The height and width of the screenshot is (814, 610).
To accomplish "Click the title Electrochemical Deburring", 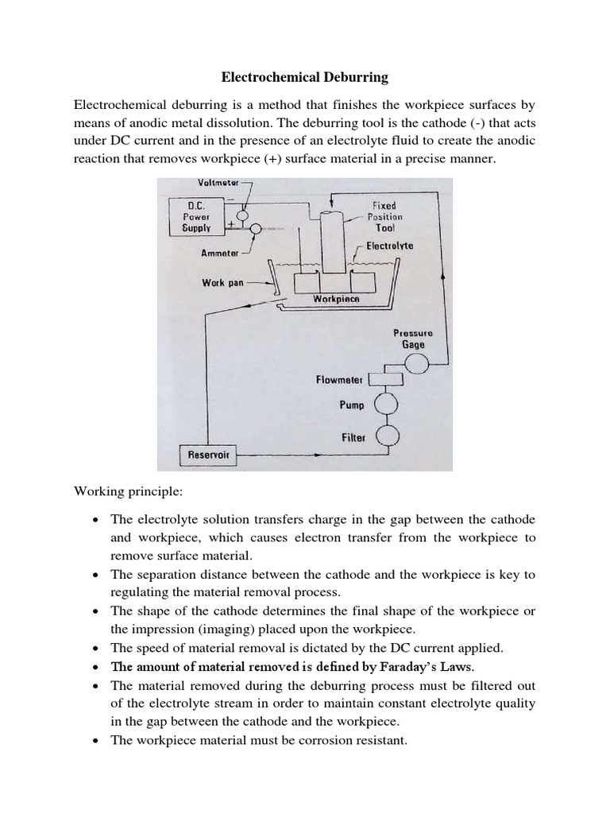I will click(303, 77).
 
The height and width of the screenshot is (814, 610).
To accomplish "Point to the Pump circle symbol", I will click(387, 405).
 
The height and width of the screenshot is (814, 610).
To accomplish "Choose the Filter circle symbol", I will click(387, 435).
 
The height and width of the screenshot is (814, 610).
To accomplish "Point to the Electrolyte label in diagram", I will click(389, 246).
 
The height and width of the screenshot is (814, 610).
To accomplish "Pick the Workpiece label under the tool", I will click(335, 299).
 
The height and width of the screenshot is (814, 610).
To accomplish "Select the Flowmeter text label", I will click(339, 380).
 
